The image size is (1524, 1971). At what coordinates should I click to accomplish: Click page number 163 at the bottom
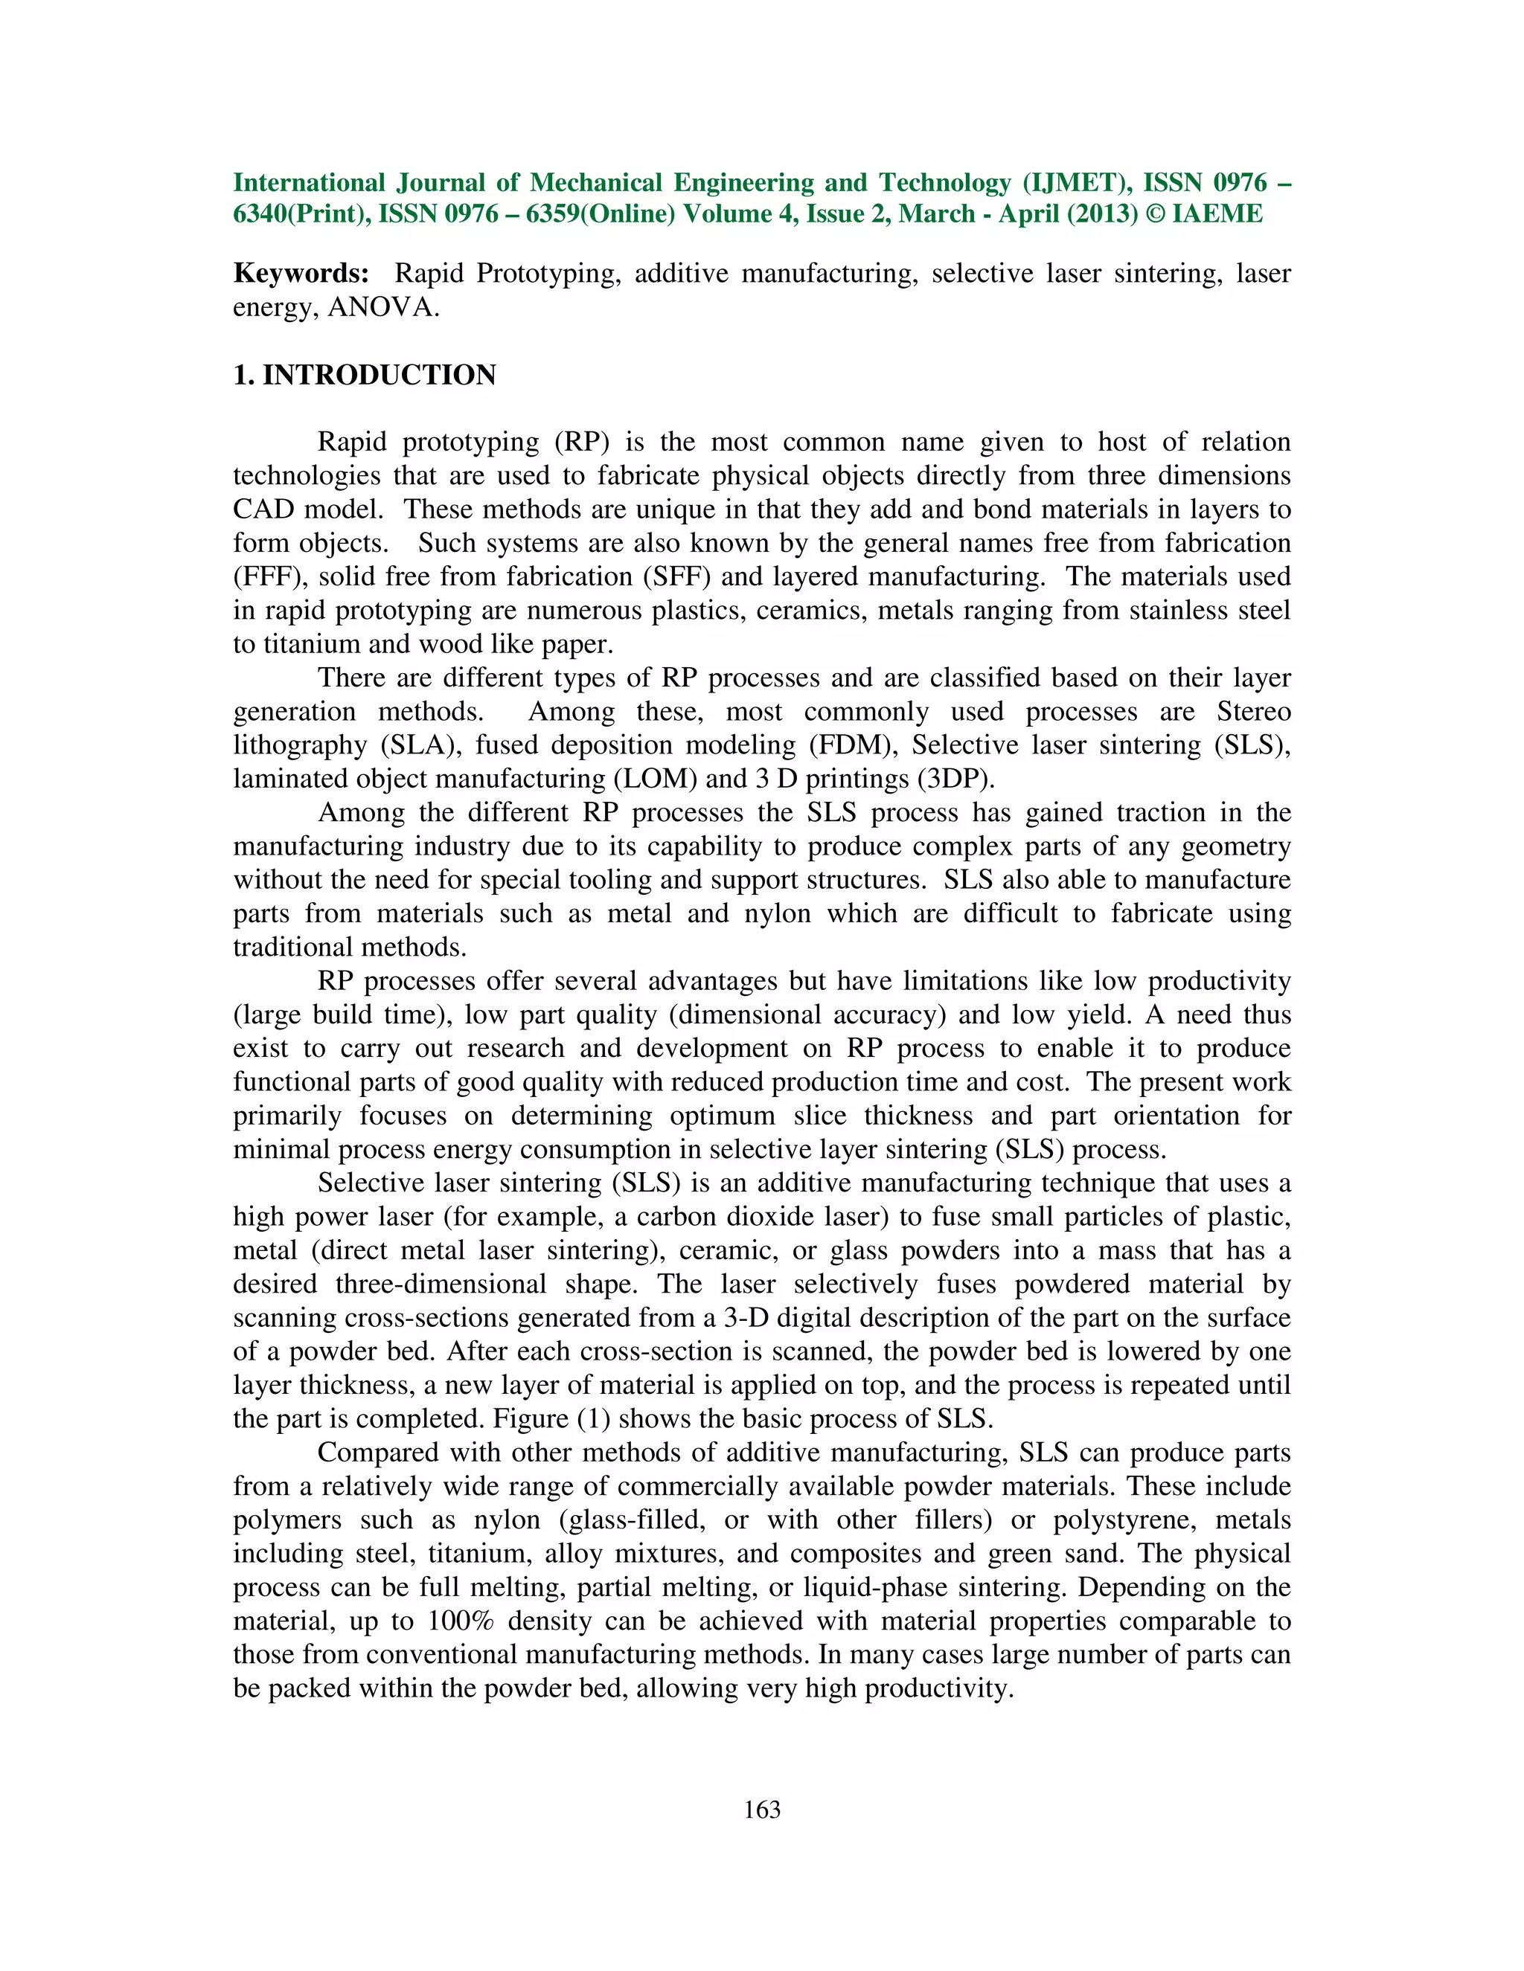tap(761, 1810)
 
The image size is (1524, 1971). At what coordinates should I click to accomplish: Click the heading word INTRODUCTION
tap(380, 376)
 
